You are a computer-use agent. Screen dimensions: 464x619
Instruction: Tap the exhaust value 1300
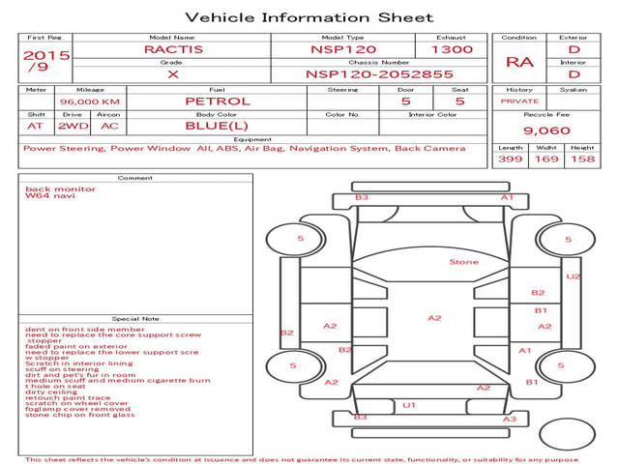(x=452, y=48)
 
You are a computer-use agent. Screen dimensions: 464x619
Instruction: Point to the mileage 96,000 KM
(x=89, y=101)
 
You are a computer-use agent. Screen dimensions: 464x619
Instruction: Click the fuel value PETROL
(x=218, y=101)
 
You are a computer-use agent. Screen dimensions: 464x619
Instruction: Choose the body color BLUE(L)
(x=218, y=126)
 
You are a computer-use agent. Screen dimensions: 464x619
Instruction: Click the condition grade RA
(x=519, y=62)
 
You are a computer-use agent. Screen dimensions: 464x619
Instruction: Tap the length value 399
(x=511, y=159)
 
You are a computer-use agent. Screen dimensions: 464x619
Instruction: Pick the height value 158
(x=582, y=159)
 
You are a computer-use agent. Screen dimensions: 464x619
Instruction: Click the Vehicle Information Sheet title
(x=309, y=17)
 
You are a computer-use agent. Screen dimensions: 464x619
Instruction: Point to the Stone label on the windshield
(x=463, y=262)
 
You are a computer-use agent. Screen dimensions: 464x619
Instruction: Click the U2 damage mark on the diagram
(x=573, y=276)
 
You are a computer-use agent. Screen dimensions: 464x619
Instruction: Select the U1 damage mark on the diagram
(x=409, y=405)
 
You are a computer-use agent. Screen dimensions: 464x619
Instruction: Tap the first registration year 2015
(x=45, y=55)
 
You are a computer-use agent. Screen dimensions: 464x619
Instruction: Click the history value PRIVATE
(x=519, y=101)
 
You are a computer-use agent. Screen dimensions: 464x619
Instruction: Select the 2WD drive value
(x=72, y=126)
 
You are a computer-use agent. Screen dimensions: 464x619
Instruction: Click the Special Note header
(x=134, y=318)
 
